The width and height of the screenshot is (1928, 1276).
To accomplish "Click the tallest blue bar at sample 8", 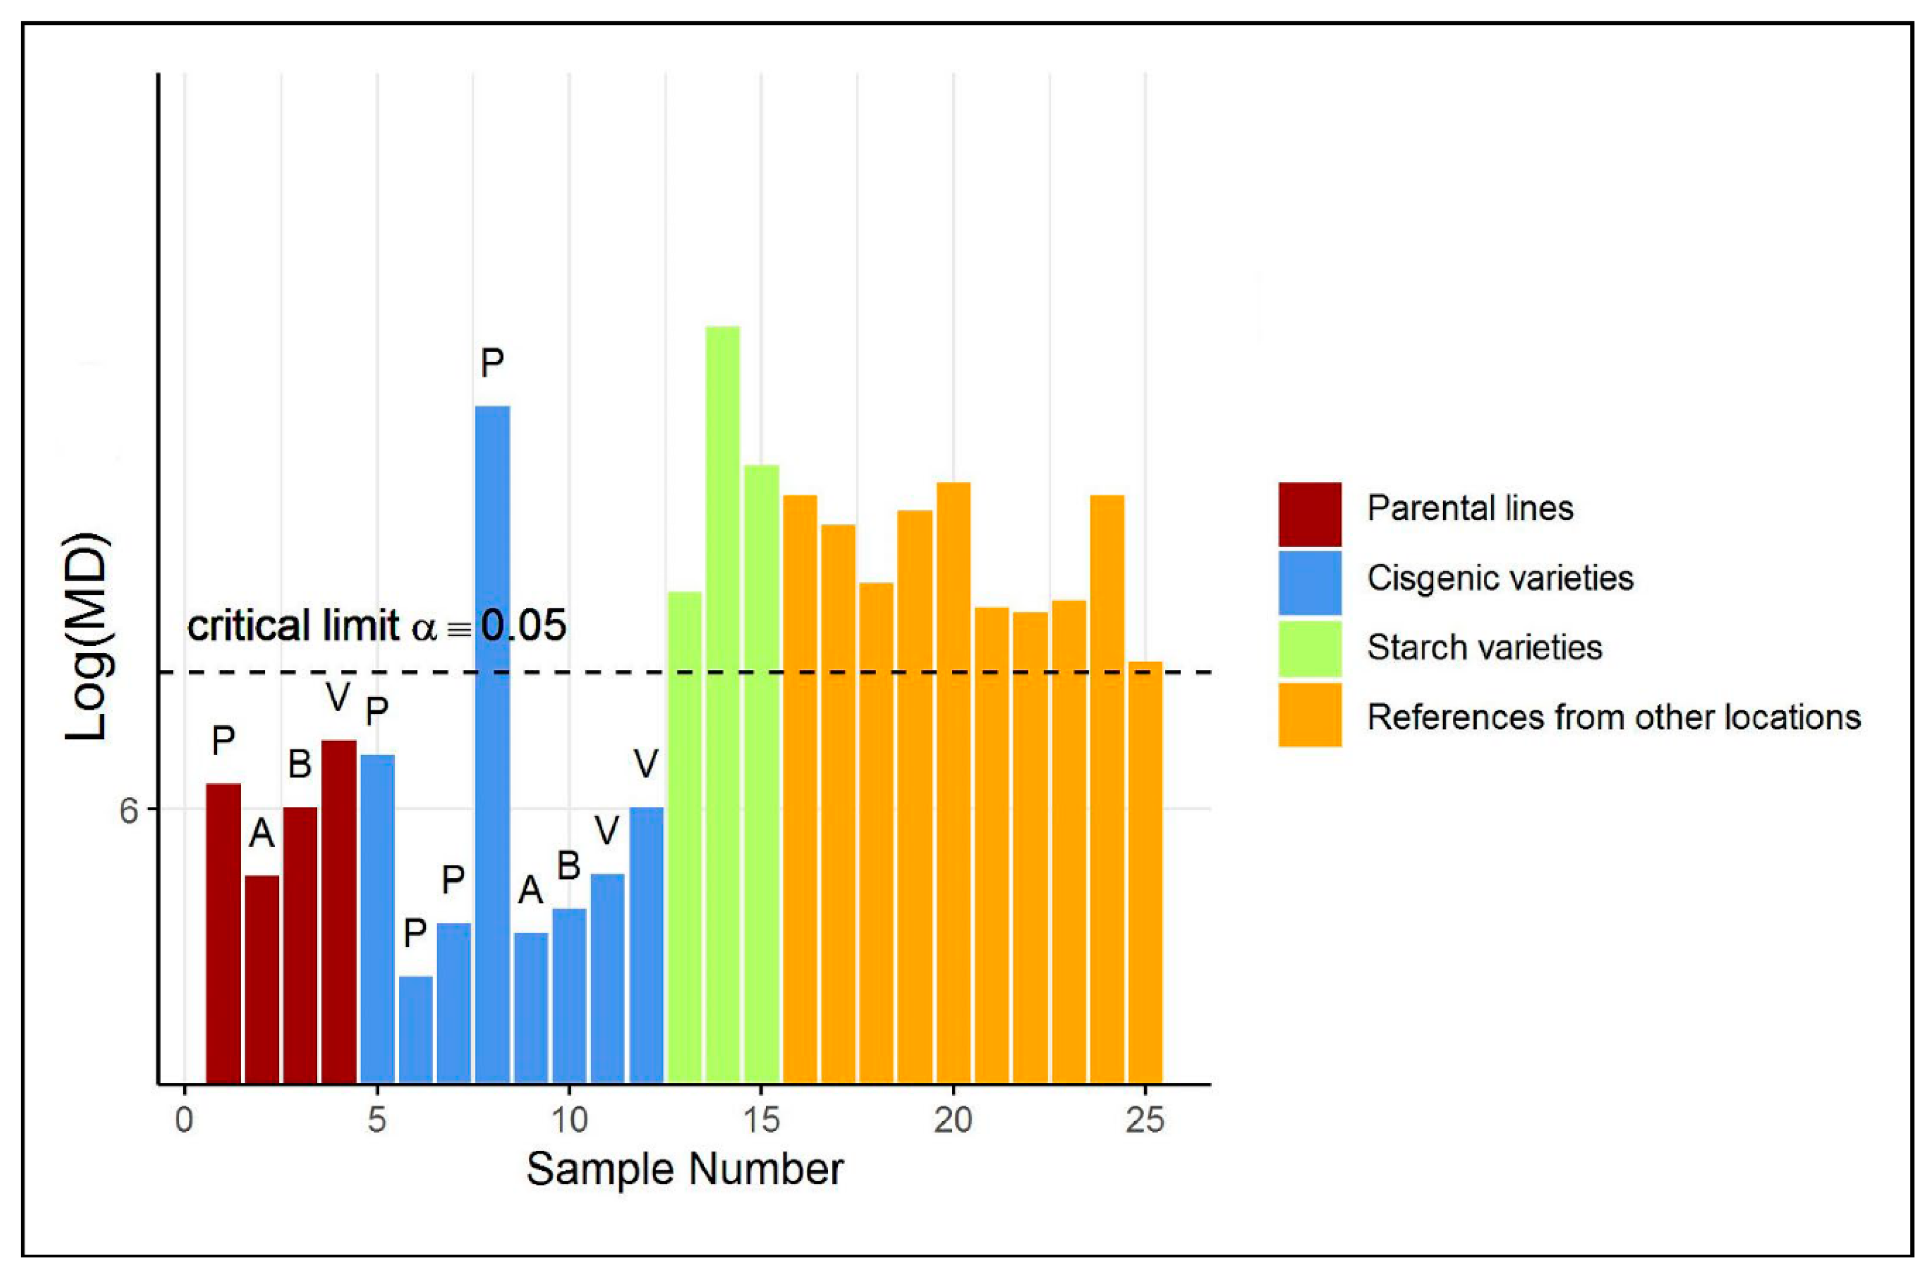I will coord(492,744).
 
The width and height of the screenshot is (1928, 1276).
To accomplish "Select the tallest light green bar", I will coord(722,704).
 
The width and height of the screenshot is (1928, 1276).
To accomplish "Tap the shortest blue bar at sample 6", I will coord(416,1030).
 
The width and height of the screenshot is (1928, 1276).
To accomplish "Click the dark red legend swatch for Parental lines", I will coord(1309,514).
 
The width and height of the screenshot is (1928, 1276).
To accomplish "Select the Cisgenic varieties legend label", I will coord(1499,578).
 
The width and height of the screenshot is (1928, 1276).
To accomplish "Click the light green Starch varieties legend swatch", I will coord(1309,648).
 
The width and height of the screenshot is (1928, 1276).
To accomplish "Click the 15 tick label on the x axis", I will coord(762,1121).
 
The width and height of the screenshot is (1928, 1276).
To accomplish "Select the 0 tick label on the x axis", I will coord(185,1121).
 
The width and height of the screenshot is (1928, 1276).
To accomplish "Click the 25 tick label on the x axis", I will coord(1145,1121).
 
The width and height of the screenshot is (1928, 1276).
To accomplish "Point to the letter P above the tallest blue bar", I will coord(492,363).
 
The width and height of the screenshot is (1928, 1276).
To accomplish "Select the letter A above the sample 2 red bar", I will coord(261,832).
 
